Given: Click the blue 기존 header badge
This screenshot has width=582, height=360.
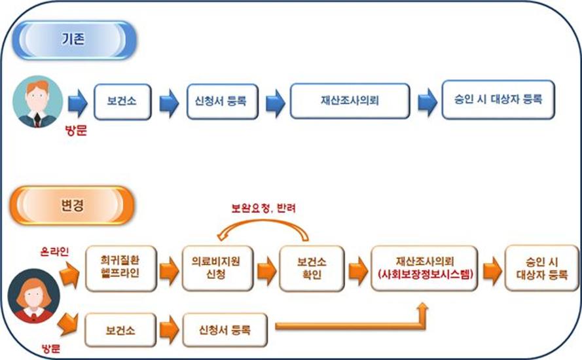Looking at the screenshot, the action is pos(75,40).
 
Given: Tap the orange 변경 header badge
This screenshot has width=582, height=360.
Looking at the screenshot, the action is pos(71,206).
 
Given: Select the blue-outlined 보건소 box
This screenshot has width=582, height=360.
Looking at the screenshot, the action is pos(122,101).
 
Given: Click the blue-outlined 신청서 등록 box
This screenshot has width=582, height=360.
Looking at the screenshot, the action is pos(223,101).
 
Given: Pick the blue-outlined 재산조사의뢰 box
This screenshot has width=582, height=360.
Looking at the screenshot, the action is pos(350,101).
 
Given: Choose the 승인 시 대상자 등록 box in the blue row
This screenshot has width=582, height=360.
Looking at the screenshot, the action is pos(498,100).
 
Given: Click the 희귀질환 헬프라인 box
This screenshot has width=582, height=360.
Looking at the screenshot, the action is pos(121,268).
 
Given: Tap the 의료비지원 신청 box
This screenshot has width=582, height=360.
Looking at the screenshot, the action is pos(217,268).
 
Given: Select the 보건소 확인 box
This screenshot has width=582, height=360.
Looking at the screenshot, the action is pos(312,268).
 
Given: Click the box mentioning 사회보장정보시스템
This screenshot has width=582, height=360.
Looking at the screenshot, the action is pos(424,268).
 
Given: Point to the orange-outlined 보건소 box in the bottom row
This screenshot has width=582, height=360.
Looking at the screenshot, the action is pos(120,330).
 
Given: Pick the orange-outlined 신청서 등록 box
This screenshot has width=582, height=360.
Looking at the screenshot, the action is pos(225,330).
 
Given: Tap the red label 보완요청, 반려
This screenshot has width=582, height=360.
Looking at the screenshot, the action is pos(264,208).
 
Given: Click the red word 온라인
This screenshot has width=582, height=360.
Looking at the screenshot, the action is pos(54,251).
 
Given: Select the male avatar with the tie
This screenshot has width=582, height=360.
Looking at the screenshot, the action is pos(37,101).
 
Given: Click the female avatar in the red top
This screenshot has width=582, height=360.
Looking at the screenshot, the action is pos(34,296).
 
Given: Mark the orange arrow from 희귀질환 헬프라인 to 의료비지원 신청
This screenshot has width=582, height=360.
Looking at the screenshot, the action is pos(170,270).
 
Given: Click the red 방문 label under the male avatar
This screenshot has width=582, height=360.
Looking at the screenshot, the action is pos(76,131).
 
